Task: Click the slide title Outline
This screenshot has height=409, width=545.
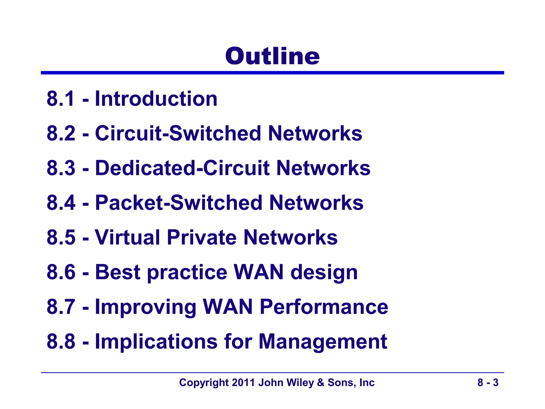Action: pyautogui.click(x=272, y=56)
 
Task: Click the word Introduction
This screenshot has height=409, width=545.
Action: pyautogui.click(x=156, y=99)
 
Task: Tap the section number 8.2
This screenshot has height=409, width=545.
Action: pyautogui.click(x=61, y=133)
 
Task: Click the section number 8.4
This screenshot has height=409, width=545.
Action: pyautogui.click(x=61, y=203)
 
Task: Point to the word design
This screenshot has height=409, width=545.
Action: pyautogui.click(x=324, y=273)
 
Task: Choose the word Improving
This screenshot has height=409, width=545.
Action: pyautogui.click(x=146, y=307)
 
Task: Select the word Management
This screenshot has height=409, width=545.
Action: pyautogui.click(x=323, y=342)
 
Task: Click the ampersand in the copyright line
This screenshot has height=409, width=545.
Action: pyautogui.click(x=321, y=383)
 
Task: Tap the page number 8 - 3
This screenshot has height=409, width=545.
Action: pyautogui.click(x=488, y=383)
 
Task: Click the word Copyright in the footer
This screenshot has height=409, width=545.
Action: pyautogui.click(x=204, y=383)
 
